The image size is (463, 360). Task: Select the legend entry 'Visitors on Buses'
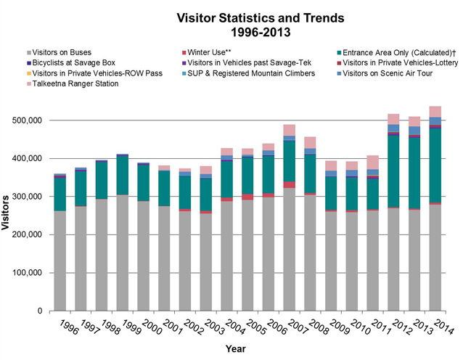point(66,52)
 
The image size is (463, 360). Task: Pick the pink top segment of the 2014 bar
point(435,111)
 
